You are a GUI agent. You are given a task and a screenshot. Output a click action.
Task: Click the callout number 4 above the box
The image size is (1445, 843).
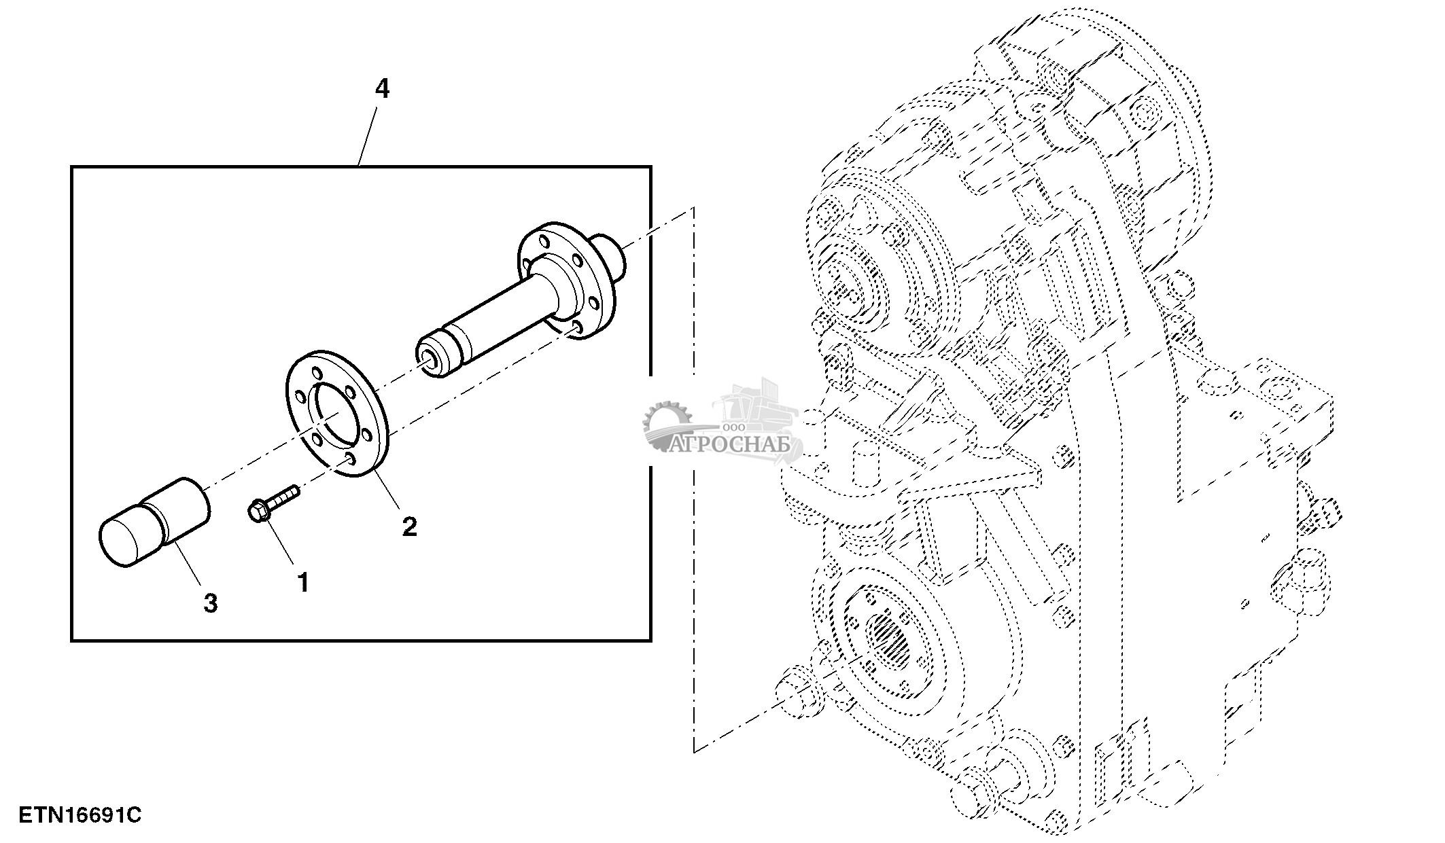click(x=383, y=88)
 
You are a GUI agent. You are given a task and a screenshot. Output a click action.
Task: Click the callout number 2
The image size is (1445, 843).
click(x=409, y=526)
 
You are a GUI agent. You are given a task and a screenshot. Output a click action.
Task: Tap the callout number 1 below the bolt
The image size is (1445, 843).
click(x=303, y=581)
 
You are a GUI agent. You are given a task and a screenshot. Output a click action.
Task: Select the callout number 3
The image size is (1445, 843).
click(x=211, y=603)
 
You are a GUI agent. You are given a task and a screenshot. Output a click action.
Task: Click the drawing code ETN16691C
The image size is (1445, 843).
click(x=80, y=814)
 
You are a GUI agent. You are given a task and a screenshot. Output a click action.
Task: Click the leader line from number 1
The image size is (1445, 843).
click(x=280, y=543)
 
